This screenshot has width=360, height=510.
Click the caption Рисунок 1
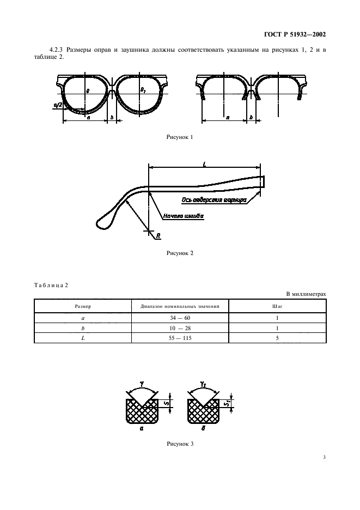180,137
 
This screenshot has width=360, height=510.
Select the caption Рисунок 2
180,253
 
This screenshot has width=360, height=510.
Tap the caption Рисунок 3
180,444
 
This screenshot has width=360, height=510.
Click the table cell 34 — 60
180,318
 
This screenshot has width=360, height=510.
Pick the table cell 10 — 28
180,328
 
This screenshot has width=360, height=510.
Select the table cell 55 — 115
180,338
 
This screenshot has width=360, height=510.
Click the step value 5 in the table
277,338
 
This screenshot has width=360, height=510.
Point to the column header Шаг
277,306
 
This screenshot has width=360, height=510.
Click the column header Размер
83,306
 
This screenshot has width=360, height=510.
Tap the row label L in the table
83,338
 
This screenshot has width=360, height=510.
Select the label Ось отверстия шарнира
213,200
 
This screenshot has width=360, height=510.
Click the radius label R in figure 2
158,236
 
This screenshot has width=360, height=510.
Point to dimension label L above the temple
205,164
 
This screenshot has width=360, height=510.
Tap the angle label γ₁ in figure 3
203,385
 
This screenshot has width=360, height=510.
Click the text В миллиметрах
306,294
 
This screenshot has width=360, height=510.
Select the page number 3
324,457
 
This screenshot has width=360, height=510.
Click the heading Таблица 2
51,286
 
